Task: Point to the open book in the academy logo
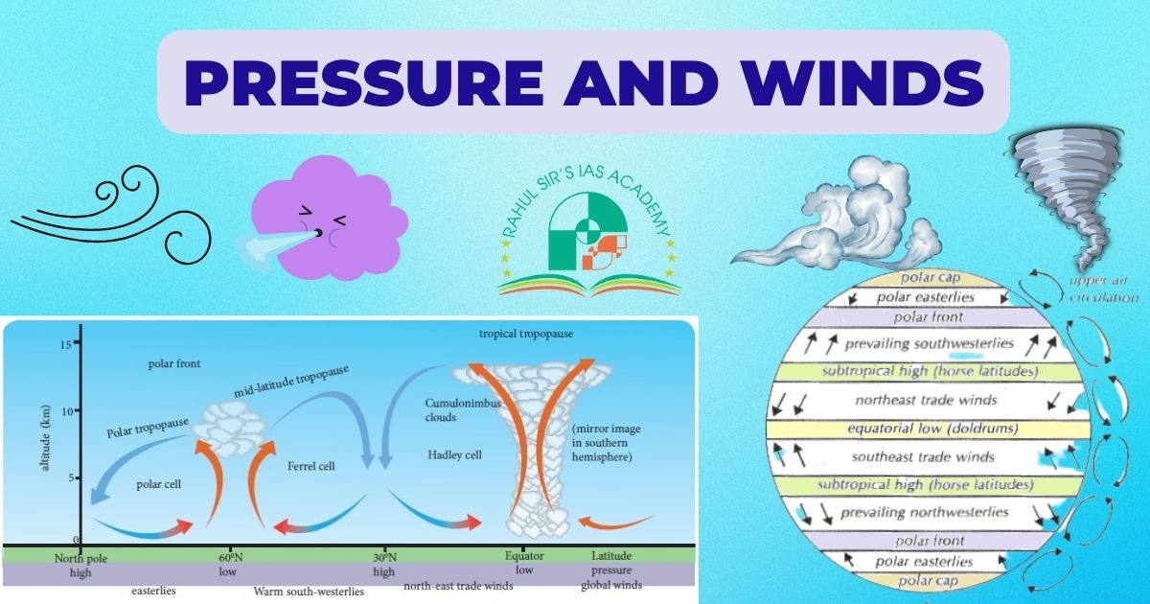[587, 281]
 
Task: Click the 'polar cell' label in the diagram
[158, 484]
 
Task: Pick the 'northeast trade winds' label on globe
[926, 400]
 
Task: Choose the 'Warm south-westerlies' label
[309, 592]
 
